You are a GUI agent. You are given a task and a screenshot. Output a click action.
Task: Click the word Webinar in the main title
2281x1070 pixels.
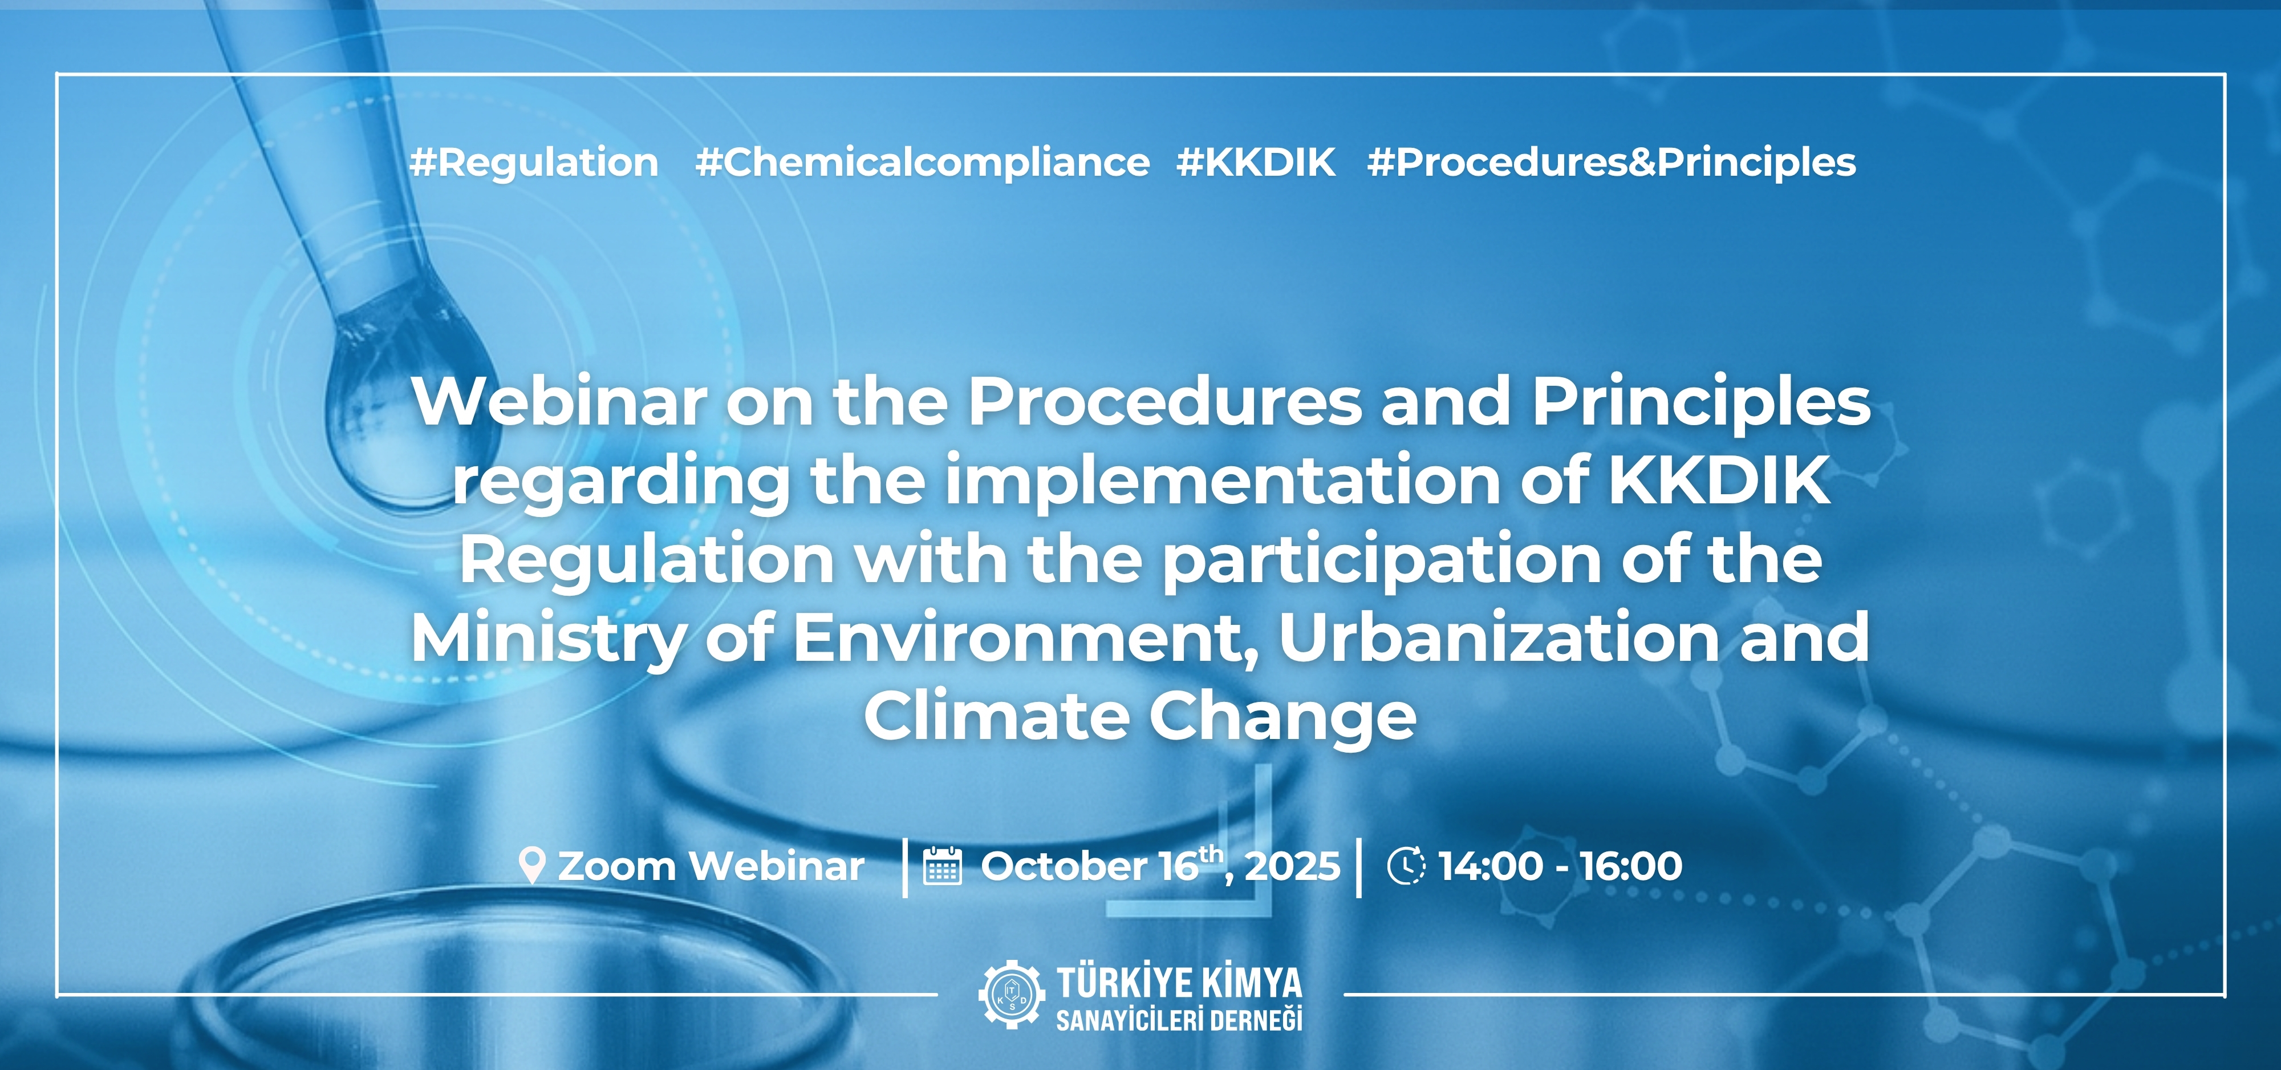[x=559, y=402]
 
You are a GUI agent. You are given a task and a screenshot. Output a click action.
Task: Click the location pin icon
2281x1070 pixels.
[x=531, y=865]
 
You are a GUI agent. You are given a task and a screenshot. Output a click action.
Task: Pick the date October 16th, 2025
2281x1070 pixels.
[x=1160, y=865]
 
